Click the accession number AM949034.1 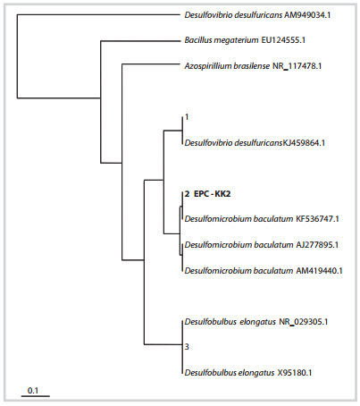point(307,15)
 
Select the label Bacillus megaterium point(222,40)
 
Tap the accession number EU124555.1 point(283,40)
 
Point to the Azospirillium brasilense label point(227,66)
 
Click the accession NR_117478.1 point(297,66)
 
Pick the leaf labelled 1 point(187,117)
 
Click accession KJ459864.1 point(304,143)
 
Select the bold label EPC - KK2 point(212,194)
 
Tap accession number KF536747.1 point(317,219)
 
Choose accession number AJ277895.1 point(317,245)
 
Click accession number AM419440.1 point(319,271)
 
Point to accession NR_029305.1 point(304,322)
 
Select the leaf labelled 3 point(187,347)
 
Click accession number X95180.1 point(295,373)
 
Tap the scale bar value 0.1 point(33,390)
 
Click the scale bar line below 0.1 point(36,396)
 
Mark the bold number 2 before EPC point(187,194)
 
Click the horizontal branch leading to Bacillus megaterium point(140,41)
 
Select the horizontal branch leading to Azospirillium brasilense point(151,64)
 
